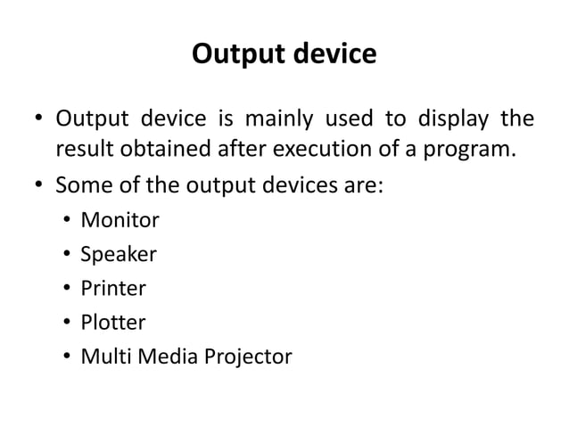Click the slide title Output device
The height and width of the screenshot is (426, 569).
click(x=284, y=55)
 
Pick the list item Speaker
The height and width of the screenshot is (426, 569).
click(x=118, y=256)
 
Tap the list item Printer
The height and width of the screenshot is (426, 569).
click(x=113, y=290)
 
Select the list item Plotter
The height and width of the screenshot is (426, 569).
click(x=113, y=324)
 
